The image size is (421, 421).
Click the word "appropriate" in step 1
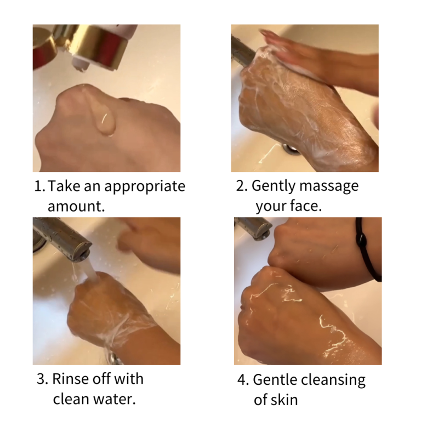click(x=145, y=187)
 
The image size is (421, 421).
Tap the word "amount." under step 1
click(x=76, y=206)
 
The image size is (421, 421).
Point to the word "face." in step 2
click(x=305, y=206)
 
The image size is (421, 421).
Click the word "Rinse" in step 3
click(x=70, y=379)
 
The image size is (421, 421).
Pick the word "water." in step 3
click(x=114, y=399)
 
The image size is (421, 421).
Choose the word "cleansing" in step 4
click(x=333, y=380)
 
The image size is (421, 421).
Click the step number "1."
click(x=39, y=186)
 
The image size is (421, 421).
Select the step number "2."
click(x=242, y=186)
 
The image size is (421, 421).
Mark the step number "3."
click(x=42, y=379)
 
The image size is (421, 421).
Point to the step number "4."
click(x=243, y=380)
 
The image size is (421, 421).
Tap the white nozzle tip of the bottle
click(x=80, y=65)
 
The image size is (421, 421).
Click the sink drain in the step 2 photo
click(x=290, y=149)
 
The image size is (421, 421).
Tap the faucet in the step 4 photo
click(x=253, y=227)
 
